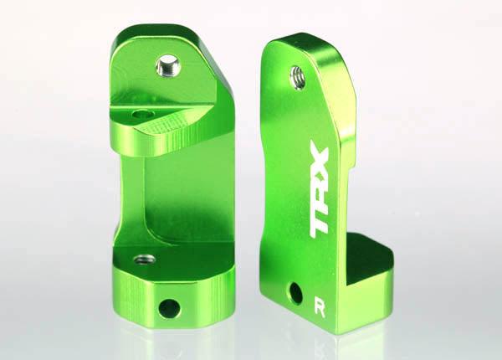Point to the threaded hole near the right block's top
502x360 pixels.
click(297, 76)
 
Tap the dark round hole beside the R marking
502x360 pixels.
click(296, 292)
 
